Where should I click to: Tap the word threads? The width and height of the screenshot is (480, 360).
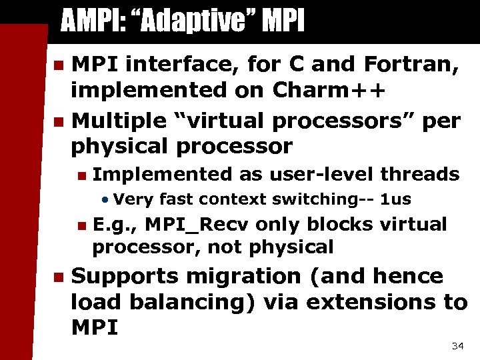[x=420, y=174]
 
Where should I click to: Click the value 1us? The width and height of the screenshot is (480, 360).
[x=396, y=199]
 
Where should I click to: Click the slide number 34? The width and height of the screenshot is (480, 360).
[x=457, y=346]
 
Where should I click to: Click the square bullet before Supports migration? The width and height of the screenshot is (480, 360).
[x=58, y=277]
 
